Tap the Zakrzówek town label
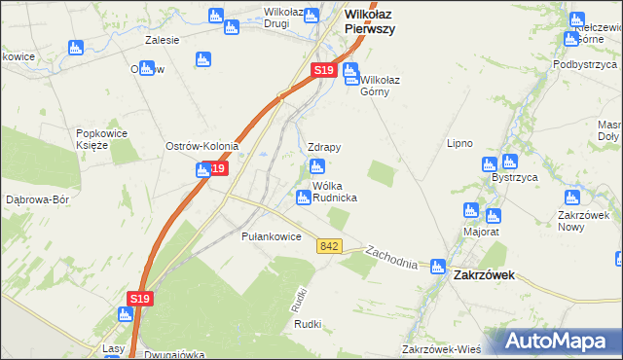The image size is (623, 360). (x=484, y=275)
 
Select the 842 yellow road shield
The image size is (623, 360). (x=328, y=247)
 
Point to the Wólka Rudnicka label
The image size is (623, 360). (x=334, y=191)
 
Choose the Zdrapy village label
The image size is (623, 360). (x=323, y=147)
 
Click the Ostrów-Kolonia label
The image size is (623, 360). (x=202, y=146)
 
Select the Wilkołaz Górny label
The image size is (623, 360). (x=375, y=86)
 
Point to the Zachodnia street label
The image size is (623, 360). (x=391, y=258)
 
